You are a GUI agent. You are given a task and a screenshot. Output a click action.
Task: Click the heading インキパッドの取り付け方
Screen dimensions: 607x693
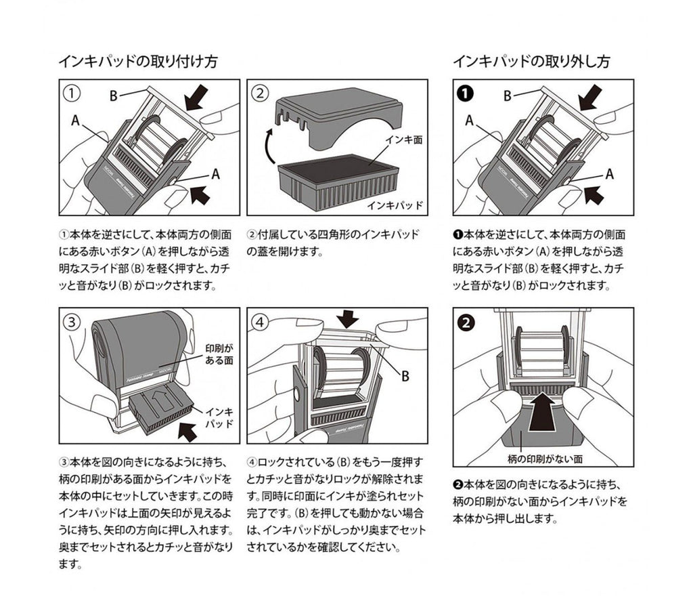pyautogui.click(x=137, y=62)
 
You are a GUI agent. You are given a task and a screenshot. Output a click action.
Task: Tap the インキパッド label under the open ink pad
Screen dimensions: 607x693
pyautogui.click(x=395, y=203)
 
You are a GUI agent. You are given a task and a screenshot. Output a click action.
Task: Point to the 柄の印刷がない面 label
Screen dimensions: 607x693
pyautogui.click(x=543, y=459)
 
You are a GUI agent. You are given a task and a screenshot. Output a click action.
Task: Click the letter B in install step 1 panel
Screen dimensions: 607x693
pyautogui.click(x=114, y=96)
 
